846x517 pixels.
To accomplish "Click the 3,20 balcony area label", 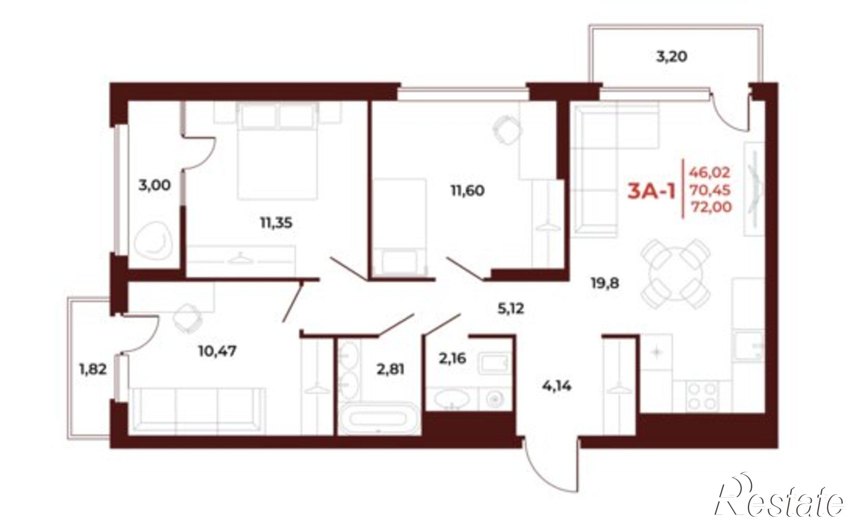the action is click(671, 57).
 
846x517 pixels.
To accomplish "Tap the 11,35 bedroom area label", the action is click(276, 223).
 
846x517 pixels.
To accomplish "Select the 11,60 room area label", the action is click(467, 191).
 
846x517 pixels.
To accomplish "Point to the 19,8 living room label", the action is click(605, 283).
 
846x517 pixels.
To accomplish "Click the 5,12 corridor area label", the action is click(511, 309).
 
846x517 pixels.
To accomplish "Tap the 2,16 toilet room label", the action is click(452, 359).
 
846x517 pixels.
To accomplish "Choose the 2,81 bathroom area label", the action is click(391, 370).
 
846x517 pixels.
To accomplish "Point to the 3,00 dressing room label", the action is click(155, 185).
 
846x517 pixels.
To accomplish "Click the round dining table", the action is click(676, 281).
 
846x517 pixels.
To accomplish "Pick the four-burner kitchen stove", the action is click(703, 396).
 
